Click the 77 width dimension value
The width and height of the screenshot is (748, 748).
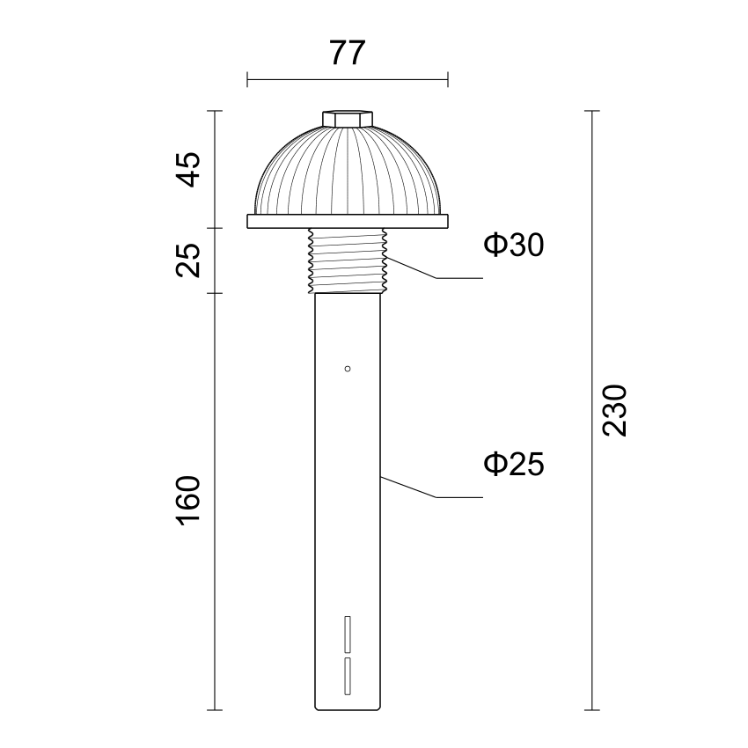(348, 53)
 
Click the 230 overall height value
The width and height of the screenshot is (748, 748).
(614, 410)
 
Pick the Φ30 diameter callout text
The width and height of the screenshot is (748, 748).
(514, 245)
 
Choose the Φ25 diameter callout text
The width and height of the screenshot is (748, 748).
(514, 464)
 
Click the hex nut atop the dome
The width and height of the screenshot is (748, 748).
(348, 119)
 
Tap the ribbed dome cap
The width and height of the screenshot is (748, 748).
(348, 171)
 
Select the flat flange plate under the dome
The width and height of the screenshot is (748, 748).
(348, 222)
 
